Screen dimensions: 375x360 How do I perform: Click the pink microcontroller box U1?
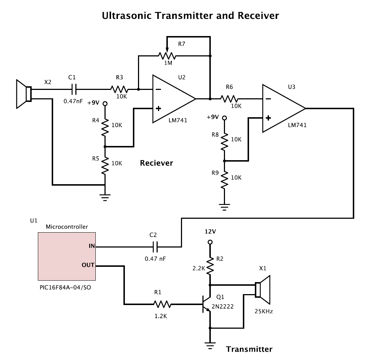(67, 256)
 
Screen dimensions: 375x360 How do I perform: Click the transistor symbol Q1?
(206, 304)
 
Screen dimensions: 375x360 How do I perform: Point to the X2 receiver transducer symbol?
(24, 94)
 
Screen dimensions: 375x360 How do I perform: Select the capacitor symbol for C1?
(74, 89)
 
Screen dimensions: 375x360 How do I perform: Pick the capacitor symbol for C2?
(155, 247)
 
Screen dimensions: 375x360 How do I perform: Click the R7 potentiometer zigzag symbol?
(167, 56)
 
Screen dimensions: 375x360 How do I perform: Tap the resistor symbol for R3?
(119, 90)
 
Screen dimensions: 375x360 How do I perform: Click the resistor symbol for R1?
(162, 304)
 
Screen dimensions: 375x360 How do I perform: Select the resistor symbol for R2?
(210, 266)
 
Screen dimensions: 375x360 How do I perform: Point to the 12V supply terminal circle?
(210, 242)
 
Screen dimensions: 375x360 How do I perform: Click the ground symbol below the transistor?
(210, 346)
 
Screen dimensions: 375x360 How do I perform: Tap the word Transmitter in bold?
(249, 349)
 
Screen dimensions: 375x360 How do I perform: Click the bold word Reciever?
(157, 163)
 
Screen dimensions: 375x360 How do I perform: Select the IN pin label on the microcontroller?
(92, 246)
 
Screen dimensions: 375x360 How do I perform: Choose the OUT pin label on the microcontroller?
(88, 265)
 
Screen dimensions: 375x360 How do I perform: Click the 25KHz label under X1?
(264, 311)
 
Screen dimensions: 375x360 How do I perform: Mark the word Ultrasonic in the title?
(127, 16)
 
